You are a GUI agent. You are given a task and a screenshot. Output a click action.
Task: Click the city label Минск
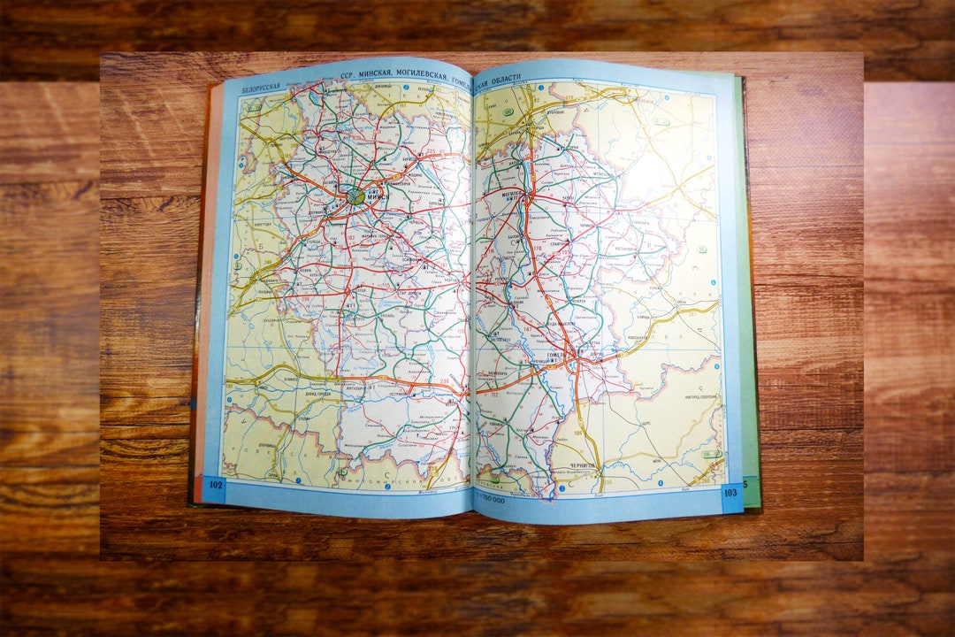coord(375,197)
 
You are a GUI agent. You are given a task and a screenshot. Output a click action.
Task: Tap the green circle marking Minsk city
coord(355,196)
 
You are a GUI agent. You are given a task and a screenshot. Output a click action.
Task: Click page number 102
coord(215,483)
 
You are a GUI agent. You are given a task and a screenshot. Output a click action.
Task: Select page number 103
coord(730,492)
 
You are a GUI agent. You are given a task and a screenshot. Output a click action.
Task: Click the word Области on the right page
coord(507,77)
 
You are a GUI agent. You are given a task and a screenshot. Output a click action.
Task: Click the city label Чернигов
coord(584,464)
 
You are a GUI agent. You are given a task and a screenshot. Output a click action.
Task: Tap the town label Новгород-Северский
coord(702,396)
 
